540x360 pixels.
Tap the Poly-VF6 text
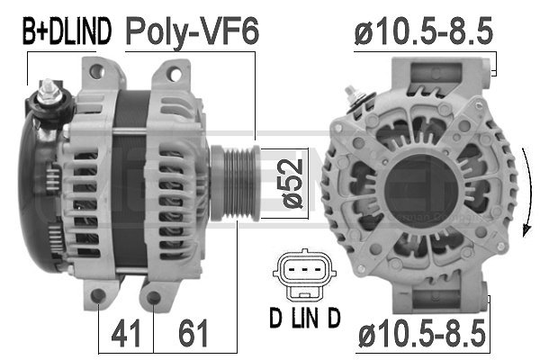(192, 32)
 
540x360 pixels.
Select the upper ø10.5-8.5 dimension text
(422, 32)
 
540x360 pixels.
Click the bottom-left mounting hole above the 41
(99, 297)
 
